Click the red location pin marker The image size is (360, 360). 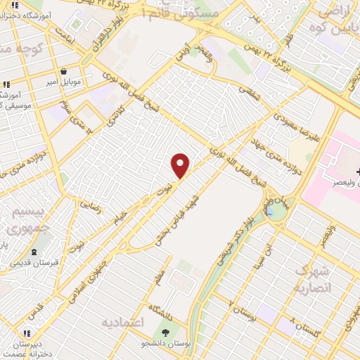pyautogui.click(x=181, y=165)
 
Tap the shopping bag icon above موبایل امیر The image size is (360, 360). pyautogui.click(x=64, y=71)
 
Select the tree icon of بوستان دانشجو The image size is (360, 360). pyautogui.click(x=165, y=333)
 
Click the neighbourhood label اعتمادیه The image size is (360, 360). pyautogui.click(x=122, y=323)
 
